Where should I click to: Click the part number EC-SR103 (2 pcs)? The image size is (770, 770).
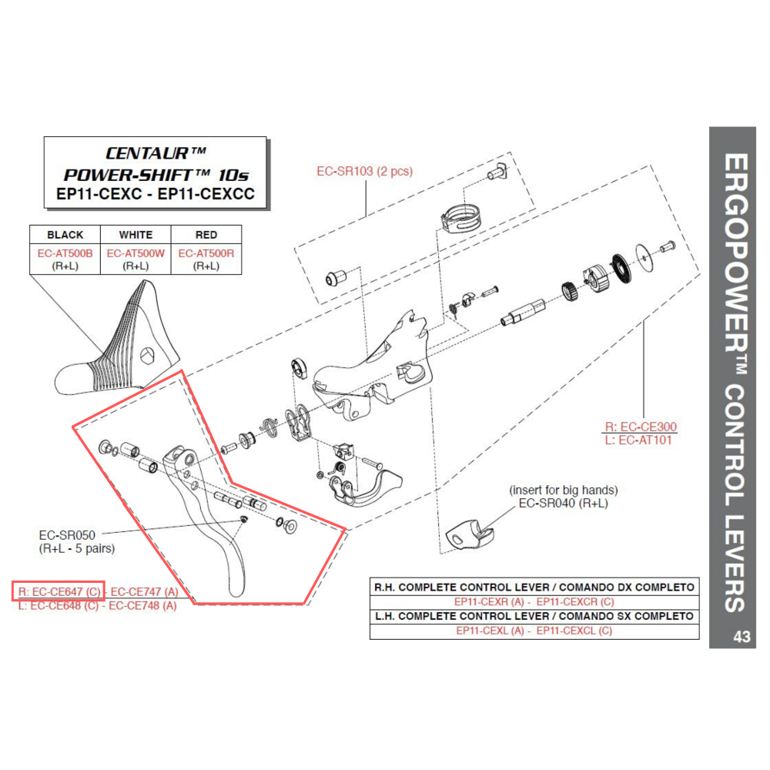[x=364, y=171]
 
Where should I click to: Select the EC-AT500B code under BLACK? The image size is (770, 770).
[x=65, y=253]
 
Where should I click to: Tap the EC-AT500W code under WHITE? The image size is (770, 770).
[x=136, y=253]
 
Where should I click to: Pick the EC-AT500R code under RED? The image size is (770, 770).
[x=206, y=253]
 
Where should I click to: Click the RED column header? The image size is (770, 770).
[x=206, y=235]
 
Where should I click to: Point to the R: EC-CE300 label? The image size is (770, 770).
[x=641, y=427]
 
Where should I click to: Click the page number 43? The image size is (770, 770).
[x=742, y=637]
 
